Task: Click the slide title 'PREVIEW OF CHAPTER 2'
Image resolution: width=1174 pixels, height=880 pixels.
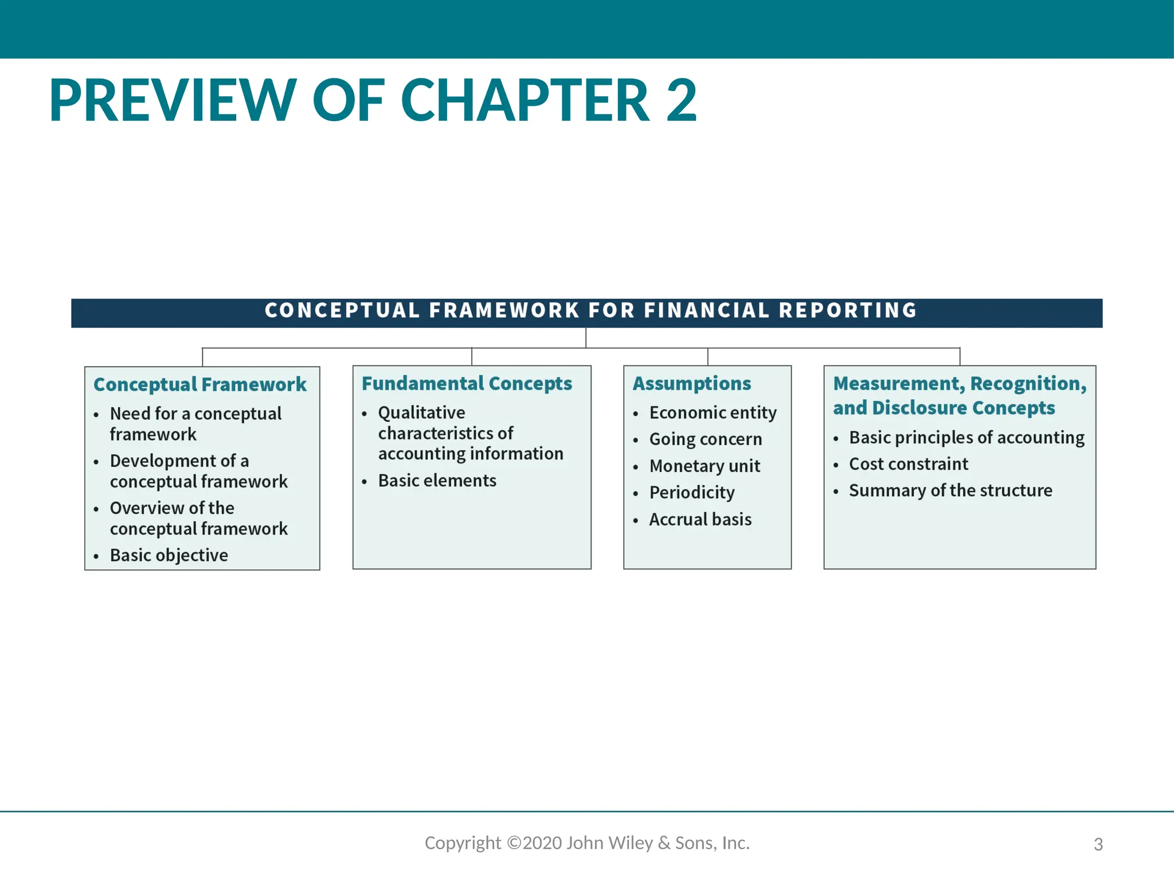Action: tap(373, 101)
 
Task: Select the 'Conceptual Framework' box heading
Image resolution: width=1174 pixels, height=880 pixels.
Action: tap(200, 384)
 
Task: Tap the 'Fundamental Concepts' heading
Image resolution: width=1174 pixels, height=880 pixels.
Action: tap(467, 383)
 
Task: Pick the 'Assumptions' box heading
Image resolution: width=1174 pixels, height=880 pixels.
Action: tap(692, 383)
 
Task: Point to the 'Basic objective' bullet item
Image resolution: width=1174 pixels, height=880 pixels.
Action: tap(169, 555)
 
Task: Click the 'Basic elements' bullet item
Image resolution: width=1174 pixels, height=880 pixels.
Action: tap(437, 481)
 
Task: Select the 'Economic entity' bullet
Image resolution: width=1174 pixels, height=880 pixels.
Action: tap(713, 412)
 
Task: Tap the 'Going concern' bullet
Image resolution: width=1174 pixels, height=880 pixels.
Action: tap(706, 439)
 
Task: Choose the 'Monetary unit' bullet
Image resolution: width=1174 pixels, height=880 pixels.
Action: tap(705, 466)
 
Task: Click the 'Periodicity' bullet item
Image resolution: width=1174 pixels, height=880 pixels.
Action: tap(692, 493)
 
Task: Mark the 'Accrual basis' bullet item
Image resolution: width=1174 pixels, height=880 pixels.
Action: tap(700, 520)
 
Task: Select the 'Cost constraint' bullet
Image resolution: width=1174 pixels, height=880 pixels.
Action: tap(909, 464)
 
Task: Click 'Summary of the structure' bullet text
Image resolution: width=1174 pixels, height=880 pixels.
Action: tap(950, 490)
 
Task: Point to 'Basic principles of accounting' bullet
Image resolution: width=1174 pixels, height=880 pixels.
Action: tap(966, 438)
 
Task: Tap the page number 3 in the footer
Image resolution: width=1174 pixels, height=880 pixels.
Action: tap(1098, 844)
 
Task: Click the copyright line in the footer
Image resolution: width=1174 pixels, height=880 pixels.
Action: tap(587, 843)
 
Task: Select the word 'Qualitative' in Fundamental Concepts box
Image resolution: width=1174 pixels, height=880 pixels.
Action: tap(421, 412)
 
